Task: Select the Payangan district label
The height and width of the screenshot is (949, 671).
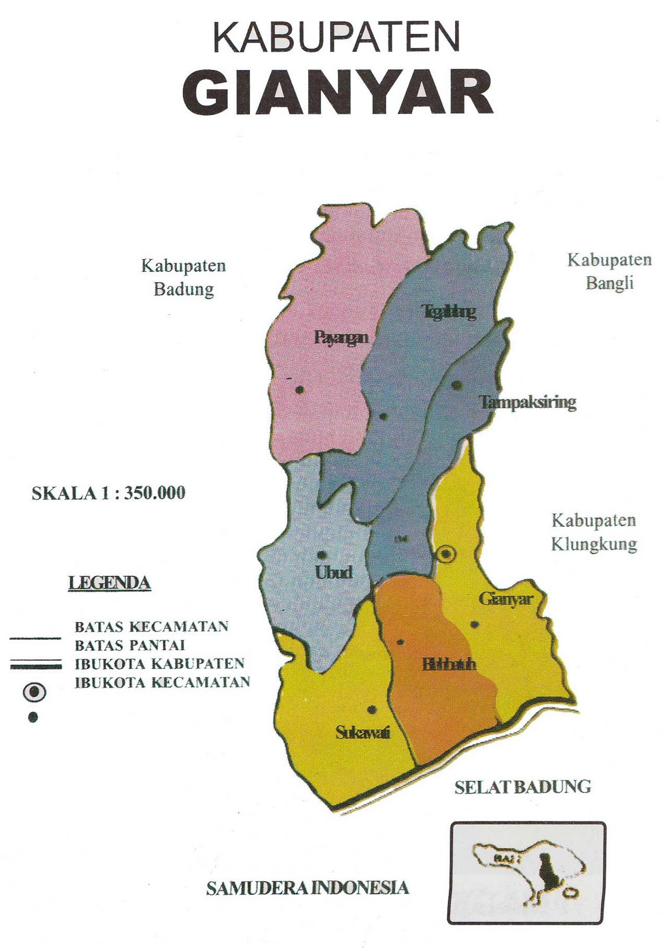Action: (341, 337)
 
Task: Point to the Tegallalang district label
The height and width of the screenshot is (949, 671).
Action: (449, 311)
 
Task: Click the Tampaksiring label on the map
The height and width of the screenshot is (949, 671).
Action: (527, 402)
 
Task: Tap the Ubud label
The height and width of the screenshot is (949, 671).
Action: (334, 572)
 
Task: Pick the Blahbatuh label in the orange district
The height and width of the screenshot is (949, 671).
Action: (449, 664)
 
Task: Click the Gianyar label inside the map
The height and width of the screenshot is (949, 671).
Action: (505, 598)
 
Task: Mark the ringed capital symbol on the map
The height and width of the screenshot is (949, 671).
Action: (446, 554)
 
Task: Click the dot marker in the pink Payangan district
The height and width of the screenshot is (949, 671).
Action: (300, 389)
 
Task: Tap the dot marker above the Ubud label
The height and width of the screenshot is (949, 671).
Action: (322, 555)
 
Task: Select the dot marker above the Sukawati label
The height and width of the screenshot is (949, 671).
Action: (372, 709)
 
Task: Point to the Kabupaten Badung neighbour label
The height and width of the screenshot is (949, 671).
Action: (184, 277)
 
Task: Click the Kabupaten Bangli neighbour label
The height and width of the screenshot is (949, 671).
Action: (609, 271)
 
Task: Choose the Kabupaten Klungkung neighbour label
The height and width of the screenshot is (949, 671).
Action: (594, 532)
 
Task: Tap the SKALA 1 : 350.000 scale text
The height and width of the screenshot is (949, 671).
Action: (109, 493)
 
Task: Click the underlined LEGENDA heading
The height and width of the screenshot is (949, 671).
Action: (110, 582)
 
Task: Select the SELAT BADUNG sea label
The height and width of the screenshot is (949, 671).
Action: (523, 787)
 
